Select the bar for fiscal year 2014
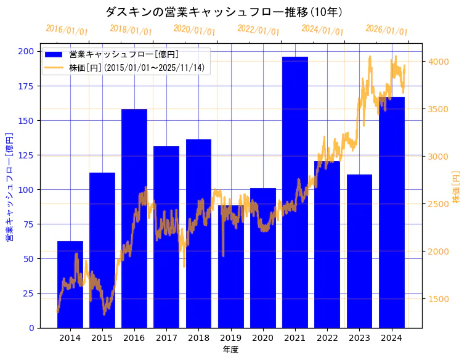pyautogui.click(x=70, y=284)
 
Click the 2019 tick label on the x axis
pyautogui.click(x=230, y=337)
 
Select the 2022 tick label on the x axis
pyautogui.click(x=327, y=337)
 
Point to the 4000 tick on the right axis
pyautogui.click(x=438, y=62)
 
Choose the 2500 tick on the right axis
pyautogui.click(x=438, y=204)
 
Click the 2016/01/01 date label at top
pyautogui.click(x=67, y=30)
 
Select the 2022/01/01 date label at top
pyautogui.click(x=259, y=30)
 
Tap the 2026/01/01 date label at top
pyautogui.click(x=386, y=30)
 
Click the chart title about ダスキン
pyautogui.click(x=224, y=12)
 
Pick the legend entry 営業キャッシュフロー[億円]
pyautogui.click(x=124, y=55)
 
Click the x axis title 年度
pyautogui.click(x=230, y=350)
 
